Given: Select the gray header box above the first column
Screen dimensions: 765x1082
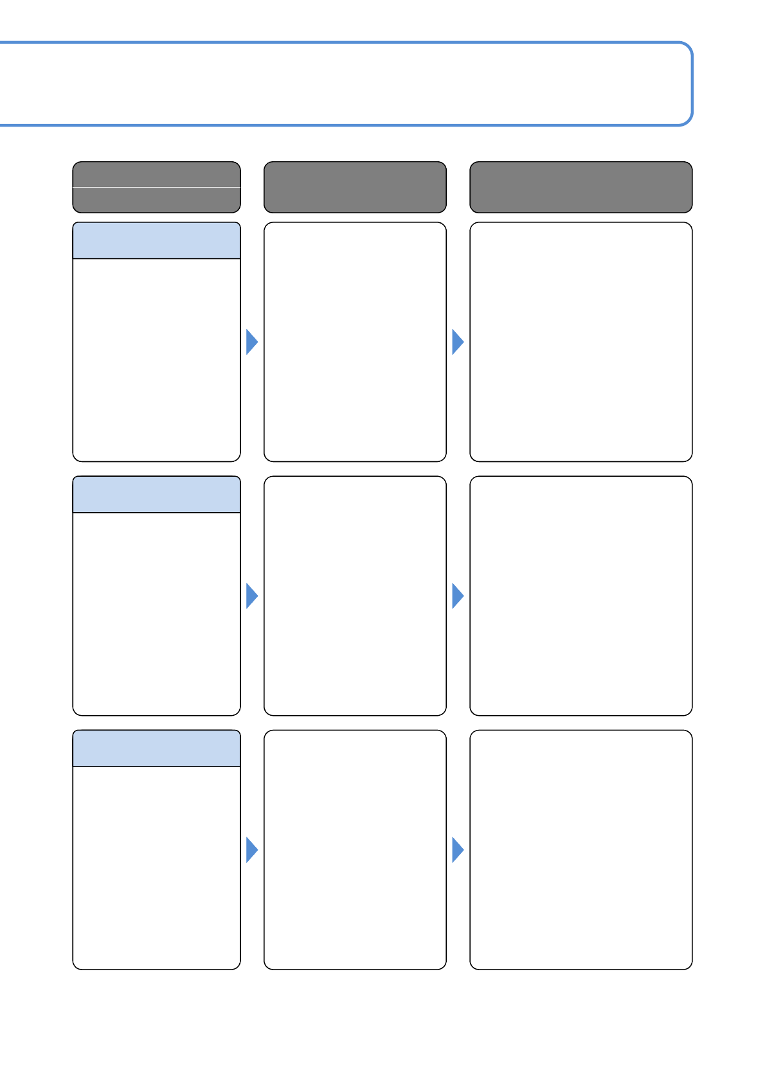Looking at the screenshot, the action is click(x=156, y=187).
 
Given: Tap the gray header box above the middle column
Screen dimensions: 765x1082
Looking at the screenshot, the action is click(x=355, y=187).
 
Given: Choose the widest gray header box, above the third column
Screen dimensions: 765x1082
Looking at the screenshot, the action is click(x=580, y=187).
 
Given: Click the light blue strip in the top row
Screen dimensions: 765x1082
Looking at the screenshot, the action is click(x=156, y=241).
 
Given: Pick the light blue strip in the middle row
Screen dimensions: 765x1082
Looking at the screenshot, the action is click(x=156, y=495).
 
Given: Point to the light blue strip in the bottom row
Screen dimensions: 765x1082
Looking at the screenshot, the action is click(x=156, y=749).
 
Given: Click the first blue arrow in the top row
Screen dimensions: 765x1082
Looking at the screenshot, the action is click(x=251, y=342).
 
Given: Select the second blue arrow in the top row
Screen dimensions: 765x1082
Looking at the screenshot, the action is click(x=457, y=342).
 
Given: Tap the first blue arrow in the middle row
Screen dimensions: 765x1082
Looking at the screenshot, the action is click(x=251, y=596).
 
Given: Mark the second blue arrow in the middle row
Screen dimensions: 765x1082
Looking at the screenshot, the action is click(x=457, y=596).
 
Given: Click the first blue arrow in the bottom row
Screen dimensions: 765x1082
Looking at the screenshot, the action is click(x=251, y=850).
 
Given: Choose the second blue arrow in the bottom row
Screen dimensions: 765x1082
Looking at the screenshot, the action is click(x=457, y=850).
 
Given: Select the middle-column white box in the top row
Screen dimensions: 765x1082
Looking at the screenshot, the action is click(x=355, y=342).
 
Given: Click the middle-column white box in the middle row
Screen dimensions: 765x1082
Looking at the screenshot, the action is click(x=355, y=596).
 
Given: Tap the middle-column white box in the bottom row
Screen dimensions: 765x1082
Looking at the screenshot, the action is click(x=355, y=849).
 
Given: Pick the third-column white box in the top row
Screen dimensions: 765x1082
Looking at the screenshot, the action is click(x=580, y=342).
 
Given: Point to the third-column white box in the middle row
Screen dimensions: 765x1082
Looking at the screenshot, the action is click(x=580, y=596).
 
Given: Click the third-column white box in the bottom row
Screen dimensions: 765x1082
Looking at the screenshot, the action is click(x=580, y=849).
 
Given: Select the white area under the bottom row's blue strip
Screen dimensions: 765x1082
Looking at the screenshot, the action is click(x=156, y=867).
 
